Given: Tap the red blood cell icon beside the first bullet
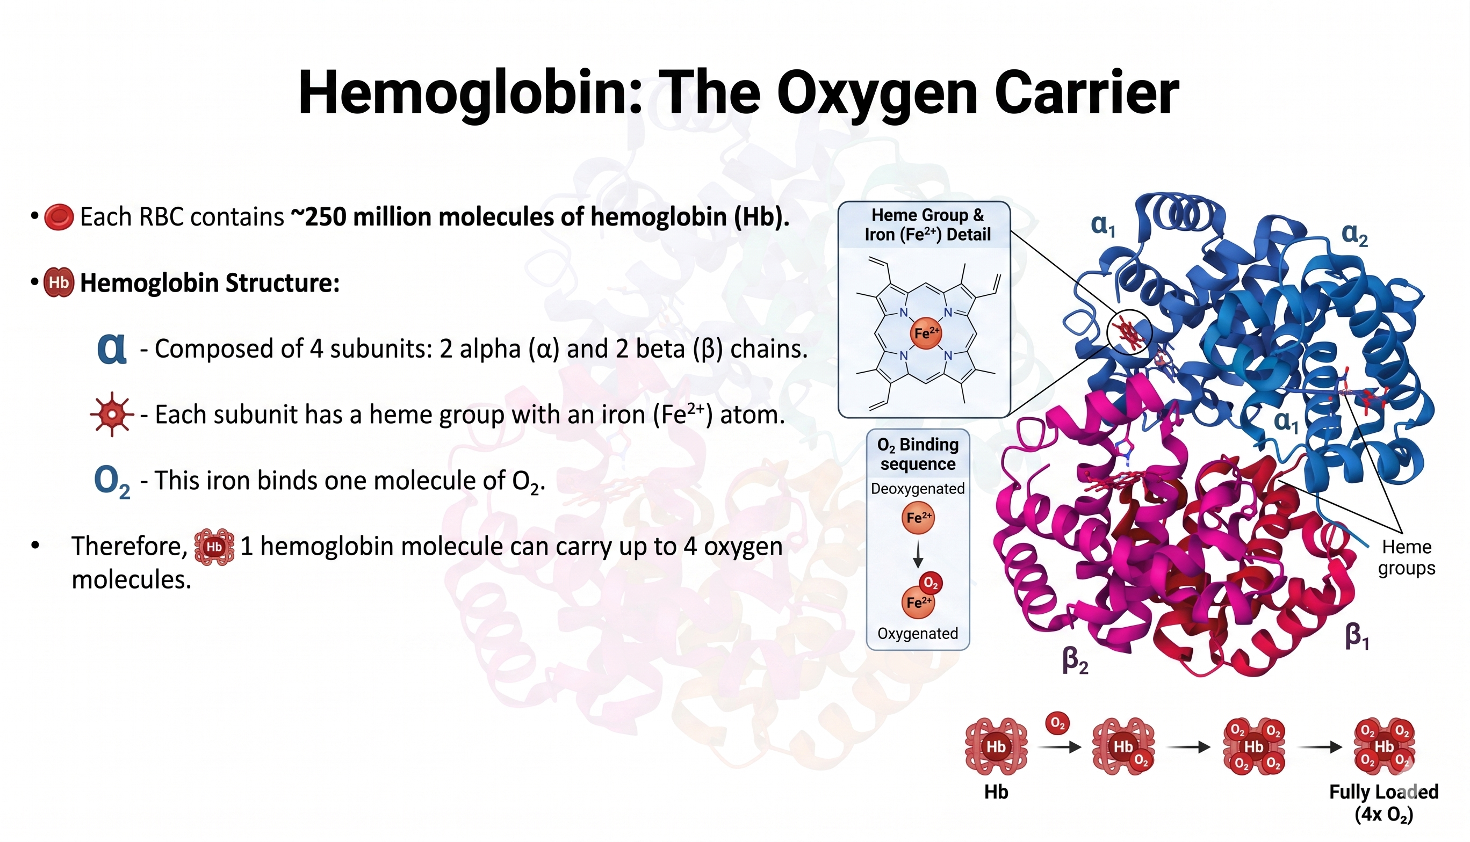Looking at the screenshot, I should click(59, 217).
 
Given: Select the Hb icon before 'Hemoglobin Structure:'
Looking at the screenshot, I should click(59, 282).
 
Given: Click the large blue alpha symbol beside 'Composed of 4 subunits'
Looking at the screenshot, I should click(112, 348).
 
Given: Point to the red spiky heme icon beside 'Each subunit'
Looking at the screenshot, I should click(112, 414).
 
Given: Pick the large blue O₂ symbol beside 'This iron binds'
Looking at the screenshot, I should click(112, 481).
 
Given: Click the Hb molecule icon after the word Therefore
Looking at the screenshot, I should click(214, 547).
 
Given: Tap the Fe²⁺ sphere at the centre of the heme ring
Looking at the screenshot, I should click(926, 333).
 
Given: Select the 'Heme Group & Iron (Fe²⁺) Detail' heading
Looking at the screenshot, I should click(927, 225).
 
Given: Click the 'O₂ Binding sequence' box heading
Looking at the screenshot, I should click(918, 454).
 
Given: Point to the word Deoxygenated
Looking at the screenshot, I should click(918, 489).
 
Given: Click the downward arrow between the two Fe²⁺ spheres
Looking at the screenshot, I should click(918, 554).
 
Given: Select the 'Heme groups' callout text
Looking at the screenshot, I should click(1407, 557).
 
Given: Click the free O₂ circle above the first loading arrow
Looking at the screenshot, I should click(1057, 723).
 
